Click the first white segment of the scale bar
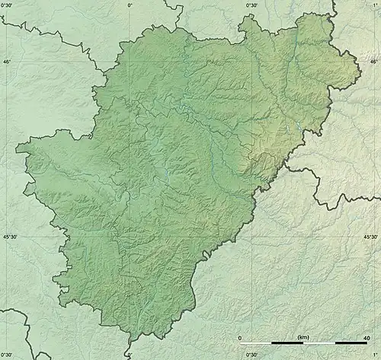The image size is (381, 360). click(x=255, y=344)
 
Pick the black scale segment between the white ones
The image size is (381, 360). click(x=287, y=344)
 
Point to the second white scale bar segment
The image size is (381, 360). click(x=319, y=344)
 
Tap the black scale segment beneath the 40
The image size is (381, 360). click(x=351, y=344)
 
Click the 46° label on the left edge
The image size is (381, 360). click(x=6, y=62)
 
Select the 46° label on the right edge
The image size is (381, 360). click(x=373, y=62)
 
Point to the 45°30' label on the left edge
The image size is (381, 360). click(x=9, y=237)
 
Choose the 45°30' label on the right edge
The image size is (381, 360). click(x=371, y=237)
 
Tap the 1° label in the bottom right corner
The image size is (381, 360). click(x=375, y=355)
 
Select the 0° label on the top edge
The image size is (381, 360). click(x=130, y=5)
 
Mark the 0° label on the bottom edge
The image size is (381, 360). click(x=130, y=355)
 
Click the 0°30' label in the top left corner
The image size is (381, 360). click(x=9, y=5)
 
